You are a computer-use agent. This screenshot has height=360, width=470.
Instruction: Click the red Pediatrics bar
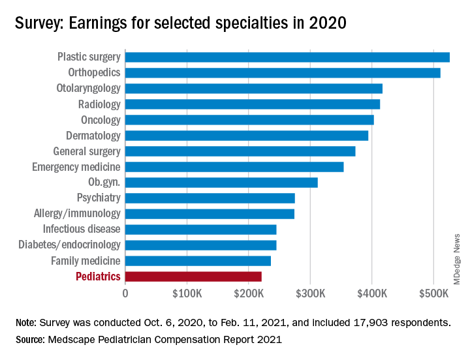(x=193, y=277)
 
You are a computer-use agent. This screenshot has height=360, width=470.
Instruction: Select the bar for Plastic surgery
(x=287, y=57)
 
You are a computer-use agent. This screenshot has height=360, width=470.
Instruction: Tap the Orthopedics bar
(x=283, y=72)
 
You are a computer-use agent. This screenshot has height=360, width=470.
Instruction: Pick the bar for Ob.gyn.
(x=221, y=183)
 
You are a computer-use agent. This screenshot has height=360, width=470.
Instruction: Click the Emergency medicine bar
(x=234, y=167)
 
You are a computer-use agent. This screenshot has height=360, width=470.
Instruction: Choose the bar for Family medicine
(x=198, y=261)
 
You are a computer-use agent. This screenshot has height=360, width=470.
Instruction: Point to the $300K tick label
(x=311, y=293)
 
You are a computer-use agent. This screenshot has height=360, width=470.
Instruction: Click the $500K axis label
(x=435, y=293)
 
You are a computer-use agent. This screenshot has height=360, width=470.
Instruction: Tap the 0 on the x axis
(x=125, y=293)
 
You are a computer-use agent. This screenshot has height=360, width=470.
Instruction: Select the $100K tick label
(x=187, y=293)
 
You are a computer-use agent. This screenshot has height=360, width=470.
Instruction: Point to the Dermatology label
(x=93, y=136)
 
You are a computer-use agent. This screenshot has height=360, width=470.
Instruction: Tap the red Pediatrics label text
(x=98, y=277)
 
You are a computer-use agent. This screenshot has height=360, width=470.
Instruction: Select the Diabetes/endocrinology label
(x=70, y=245)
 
